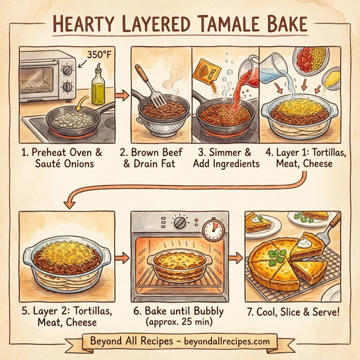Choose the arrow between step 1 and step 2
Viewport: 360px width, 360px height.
[x=122, y=94]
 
